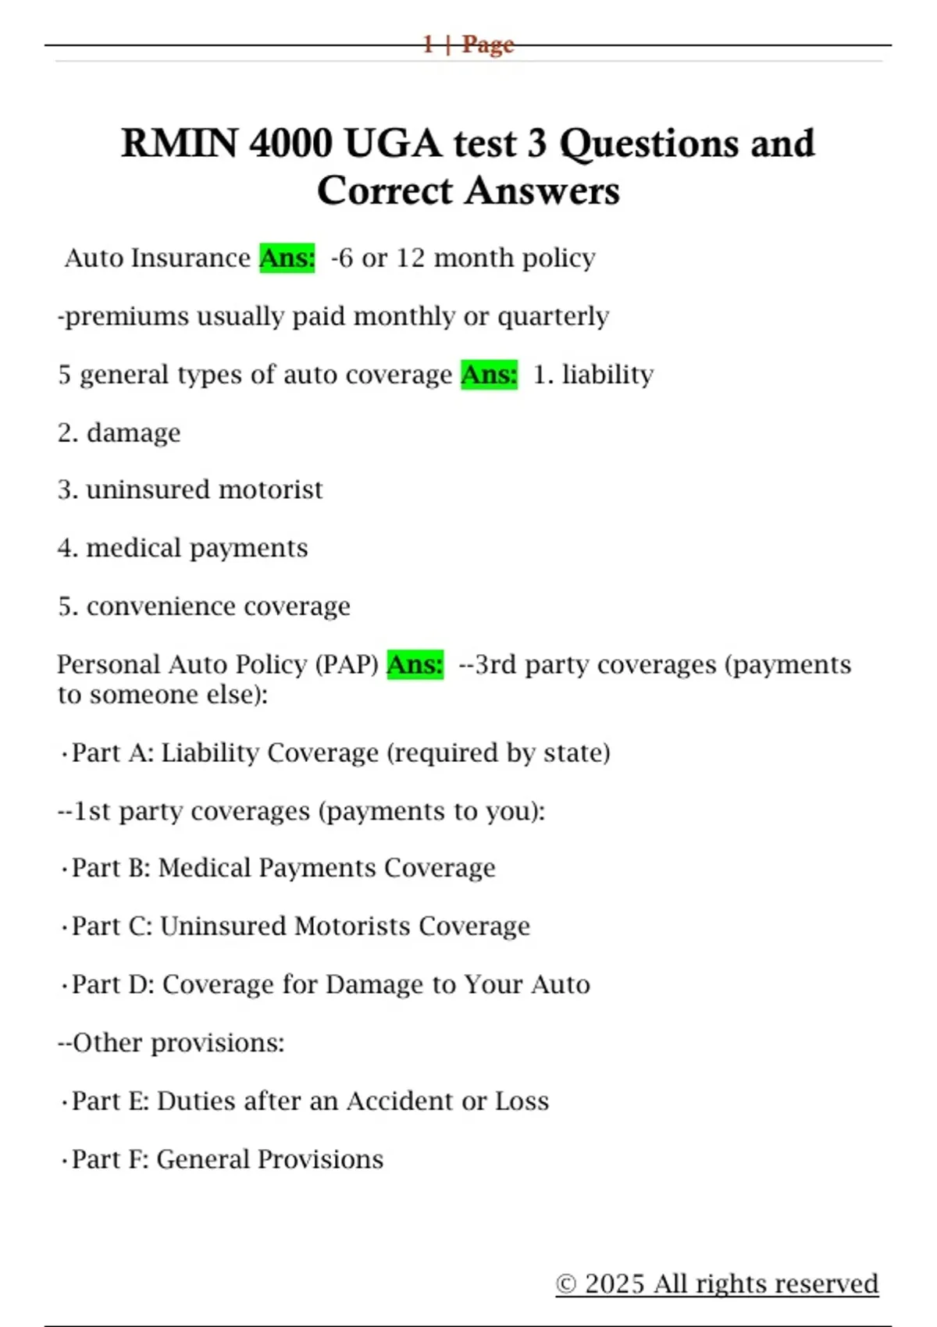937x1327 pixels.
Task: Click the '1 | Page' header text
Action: coord(468,44)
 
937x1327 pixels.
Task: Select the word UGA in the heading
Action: coord(392,144)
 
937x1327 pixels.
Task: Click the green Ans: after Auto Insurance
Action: coord(287,258)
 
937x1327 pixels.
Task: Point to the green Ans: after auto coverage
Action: coord(489,375)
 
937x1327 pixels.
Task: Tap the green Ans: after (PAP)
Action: coord(415,664)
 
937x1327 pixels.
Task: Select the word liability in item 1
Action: coord(607,375)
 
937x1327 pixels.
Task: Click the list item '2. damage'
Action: coord(119,432)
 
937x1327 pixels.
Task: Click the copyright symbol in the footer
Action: coord(566,1284)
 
